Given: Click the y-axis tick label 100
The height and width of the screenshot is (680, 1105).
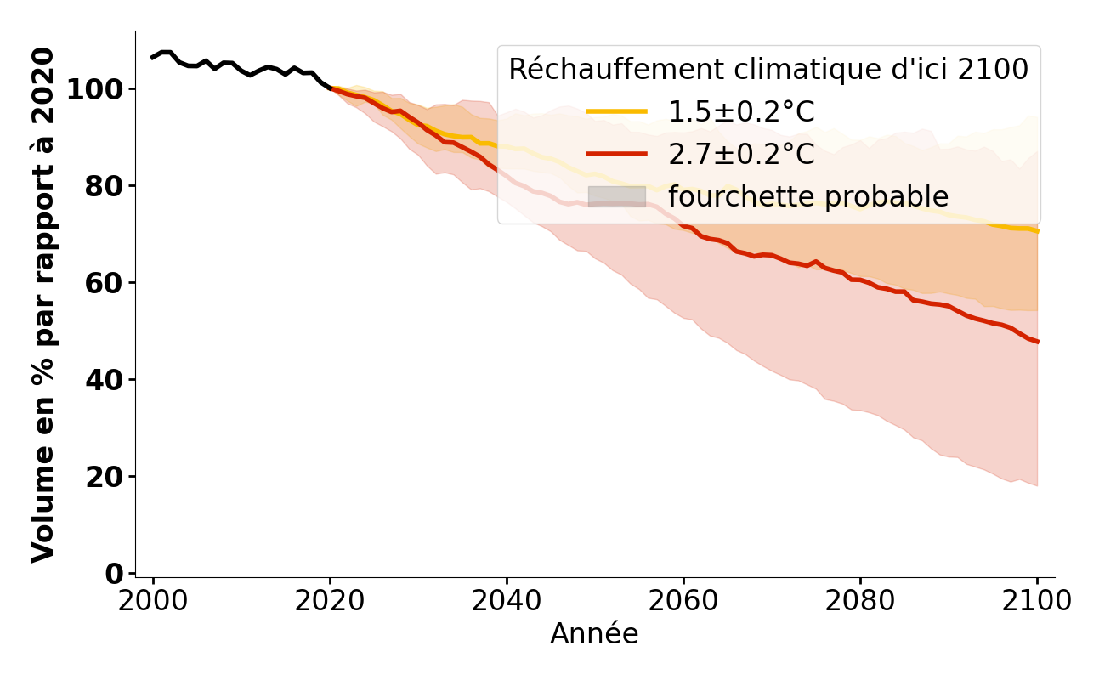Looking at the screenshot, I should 98,89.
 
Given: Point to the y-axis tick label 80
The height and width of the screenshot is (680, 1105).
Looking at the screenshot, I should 105,186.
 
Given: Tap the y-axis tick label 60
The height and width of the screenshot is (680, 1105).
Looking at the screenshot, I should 105,283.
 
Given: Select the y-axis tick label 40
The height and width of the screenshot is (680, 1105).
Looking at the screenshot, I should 105,380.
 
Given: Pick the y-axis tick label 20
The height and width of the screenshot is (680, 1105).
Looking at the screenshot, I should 105,477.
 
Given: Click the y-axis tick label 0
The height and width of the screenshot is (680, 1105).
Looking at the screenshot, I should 115,574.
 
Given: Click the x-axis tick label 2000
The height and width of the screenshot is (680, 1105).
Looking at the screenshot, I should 153,601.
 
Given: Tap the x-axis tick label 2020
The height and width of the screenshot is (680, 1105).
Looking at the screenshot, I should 330,601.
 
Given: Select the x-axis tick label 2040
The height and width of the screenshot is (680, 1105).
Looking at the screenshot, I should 507,601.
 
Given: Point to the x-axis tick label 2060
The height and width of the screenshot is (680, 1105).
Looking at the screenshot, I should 683,601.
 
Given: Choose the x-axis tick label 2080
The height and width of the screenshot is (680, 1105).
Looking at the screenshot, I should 860,601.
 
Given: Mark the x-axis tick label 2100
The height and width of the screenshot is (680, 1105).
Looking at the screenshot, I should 1037,601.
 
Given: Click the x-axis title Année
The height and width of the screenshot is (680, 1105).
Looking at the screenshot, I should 594,634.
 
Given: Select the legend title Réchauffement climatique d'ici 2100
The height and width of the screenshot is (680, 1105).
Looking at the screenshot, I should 768,70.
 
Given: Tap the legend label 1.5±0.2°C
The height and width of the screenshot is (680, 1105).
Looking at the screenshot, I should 741,112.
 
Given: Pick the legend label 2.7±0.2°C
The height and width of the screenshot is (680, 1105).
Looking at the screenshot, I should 741,155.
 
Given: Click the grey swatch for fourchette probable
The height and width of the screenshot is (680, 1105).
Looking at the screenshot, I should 616,197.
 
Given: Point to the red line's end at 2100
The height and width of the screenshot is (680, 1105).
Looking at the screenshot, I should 1037,342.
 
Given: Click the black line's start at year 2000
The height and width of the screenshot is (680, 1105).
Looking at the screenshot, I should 153,57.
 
